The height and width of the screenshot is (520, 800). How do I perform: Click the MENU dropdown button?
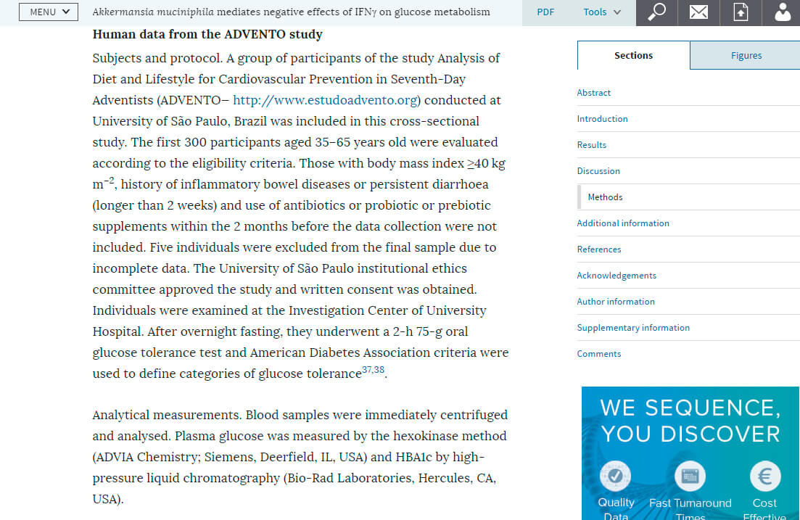tap(49, 12)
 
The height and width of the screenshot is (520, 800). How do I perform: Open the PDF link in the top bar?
tap(545, 12)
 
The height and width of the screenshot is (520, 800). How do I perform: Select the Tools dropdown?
tap(602, 12)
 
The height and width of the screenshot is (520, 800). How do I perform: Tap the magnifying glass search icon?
tap(656, 12)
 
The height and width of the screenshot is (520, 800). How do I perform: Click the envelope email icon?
tap(698, 12)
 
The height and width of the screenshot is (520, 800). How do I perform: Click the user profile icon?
tap(783, 12)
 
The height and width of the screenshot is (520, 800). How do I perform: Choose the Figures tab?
tap(746, 55)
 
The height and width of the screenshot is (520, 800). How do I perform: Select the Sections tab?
tap(633, 55)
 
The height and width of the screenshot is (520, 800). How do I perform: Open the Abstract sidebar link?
tap(594, 93)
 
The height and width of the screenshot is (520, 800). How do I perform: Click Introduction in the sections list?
tap(602, 119)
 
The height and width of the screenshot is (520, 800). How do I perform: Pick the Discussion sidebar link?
tap(598, 171)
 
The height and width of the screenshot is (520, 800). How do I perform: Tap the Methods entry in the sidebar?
tap(605, 197)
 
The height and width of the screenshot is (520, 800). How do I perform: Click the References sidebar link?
tap(599, 249)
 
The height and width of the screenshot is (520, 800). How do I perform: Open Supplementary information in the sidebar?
tap(633, 328)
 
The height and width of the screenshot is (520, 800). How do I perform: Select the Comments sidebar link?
tap(599, 354)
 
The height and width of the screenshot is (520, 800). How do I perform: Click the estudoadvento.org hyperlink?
tap(326, 100)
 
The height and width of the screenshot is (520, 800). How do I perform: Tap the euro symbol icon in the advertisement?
tap(764, 476)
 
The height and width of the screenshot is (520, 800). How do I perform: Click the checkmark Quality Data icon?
tap(616, 476)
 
